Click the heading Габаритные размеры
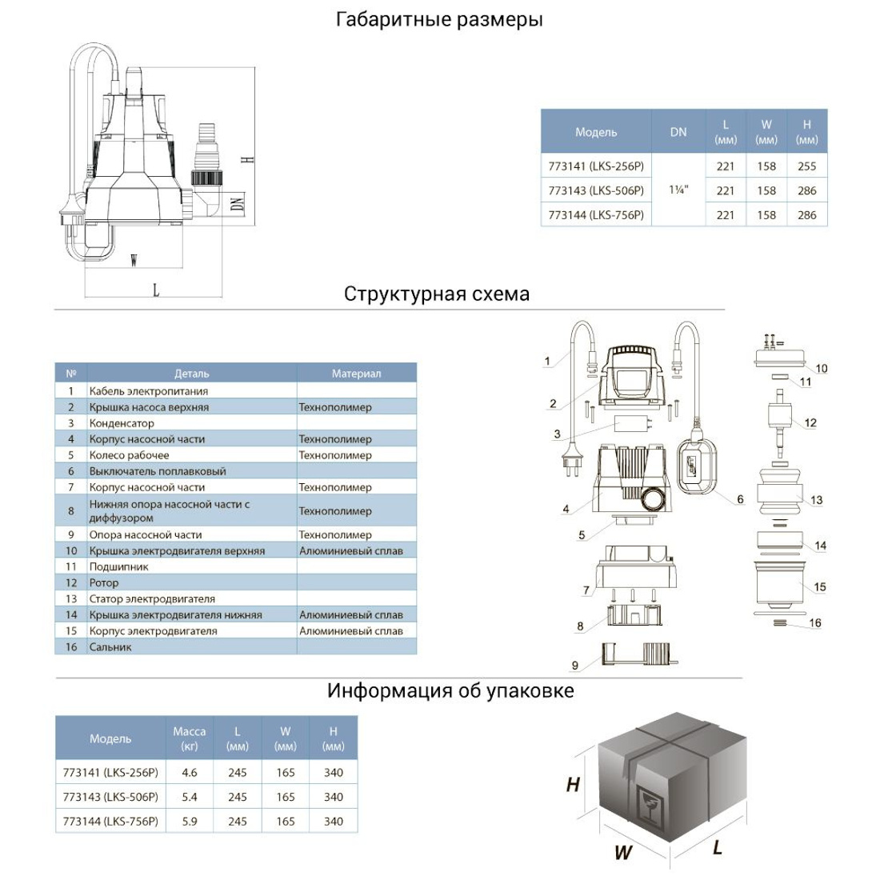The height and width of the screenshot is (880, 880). tap(439, 20)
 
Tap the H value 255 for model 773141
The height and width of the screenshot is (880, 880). tap(806, 166)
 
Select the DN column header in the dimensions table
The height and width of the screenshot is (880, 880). tap(678, 132)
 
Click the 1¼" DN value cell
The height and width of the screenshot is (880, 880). tap(678, 191)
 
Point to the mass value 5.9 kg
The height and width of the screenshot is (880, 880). tap(190, 821)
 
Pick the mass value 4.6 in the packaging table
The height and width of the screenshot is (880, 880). tap(190, 773)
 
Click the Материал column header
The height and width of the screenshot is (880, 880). tap(356, 374)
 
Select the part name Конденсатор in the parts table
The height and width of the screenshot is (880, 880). tap(122, 423)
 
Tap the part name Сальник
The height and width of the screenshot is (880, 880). tap(110, 647)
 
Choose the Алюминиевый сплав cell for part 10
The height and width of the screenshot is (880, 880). tap(351, 551)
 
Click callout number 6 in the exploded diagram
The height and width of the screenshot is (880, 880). tap(740, 499)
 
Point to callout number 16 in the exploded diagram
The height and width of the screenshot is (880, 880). tap(814, 623)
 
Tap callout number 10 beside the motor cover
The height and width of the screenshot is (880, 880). tap(822, 369)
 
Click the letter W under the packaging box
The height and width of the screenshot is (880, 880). tap(622, 853)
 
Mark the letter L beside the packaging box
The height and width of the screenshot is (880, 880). tap(718, 847)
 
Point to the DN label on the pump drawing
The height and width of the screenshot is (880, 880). tap(237, 203)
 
